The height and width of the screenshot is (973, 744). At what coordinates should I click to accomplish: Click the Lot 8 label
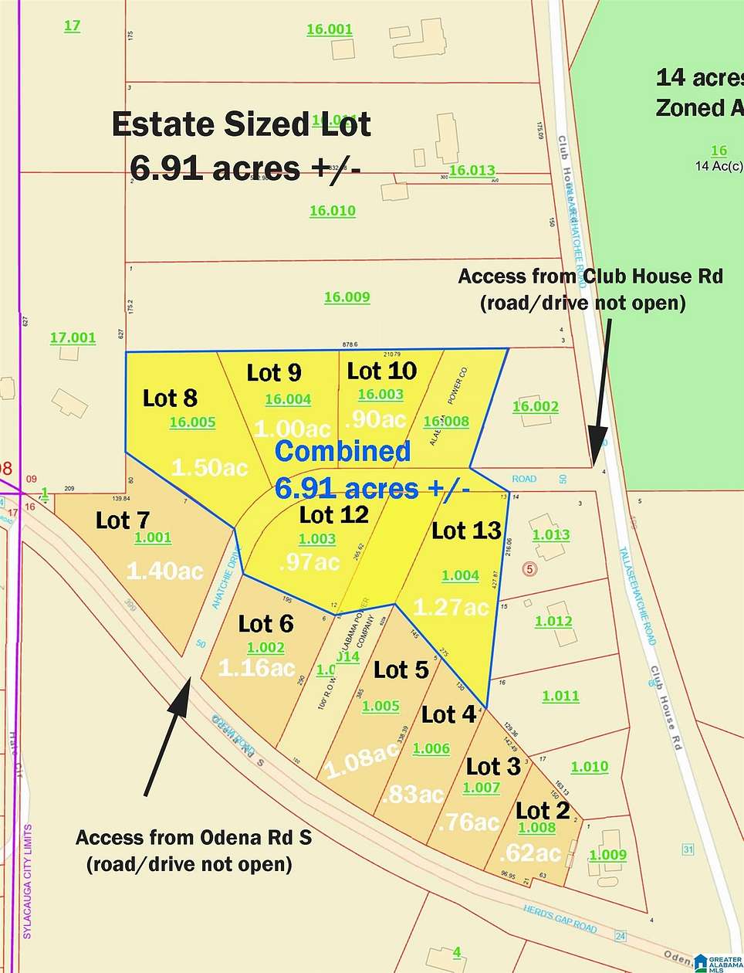coord(170,398)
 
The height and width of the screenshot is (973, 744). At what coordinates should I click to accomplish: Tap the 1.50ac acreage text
coord(209,467)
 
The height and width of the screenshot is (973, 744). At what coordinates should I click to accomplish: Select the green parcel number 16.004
coord(288,399)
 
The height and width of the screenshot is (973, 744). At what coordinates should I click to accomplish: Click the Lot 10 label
coord(381,371)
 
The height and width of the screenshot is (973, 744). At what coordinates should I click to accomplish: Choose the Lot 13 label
coord(466,531)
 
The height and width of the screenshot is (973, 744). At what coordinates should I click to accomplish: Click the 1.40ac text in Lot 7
coord(164,571)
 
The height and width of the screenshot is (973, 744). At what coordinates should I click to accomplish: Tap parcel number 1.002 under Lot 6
coord(265,648)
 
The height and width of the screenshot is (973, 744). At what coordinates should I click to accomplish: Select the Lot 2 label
coord(543,811)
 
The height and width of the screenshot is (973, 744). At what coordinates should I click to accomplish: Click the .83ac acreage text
coord(412,794)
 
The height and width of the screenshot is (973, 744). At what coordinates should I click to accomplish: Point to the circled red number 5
coord(529,570)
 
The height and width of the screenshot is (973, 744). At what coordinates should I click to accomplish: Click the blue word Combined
coord(342,451)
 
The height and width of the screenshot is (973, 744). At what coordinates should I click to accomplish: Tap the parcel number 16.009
coord(347,297)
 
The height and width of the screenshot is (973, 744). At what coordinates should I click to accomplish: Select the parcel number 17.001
coord(73,337)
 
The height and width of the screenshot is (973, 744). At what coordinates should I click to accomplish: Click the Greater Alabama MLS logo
coord(717,961)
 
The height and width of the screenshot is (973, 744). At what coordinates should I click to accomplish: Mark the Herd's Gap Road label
coord(560,917)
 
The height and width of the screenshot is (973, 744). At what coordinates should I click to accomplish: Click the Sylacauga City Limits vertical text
coord(28,881)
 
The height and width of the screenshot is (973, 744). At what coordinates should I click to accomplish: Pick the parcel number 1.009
coord(607,855)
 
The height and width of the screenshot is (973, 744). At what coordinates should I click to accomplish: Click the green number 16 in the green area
coord(719,151)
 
